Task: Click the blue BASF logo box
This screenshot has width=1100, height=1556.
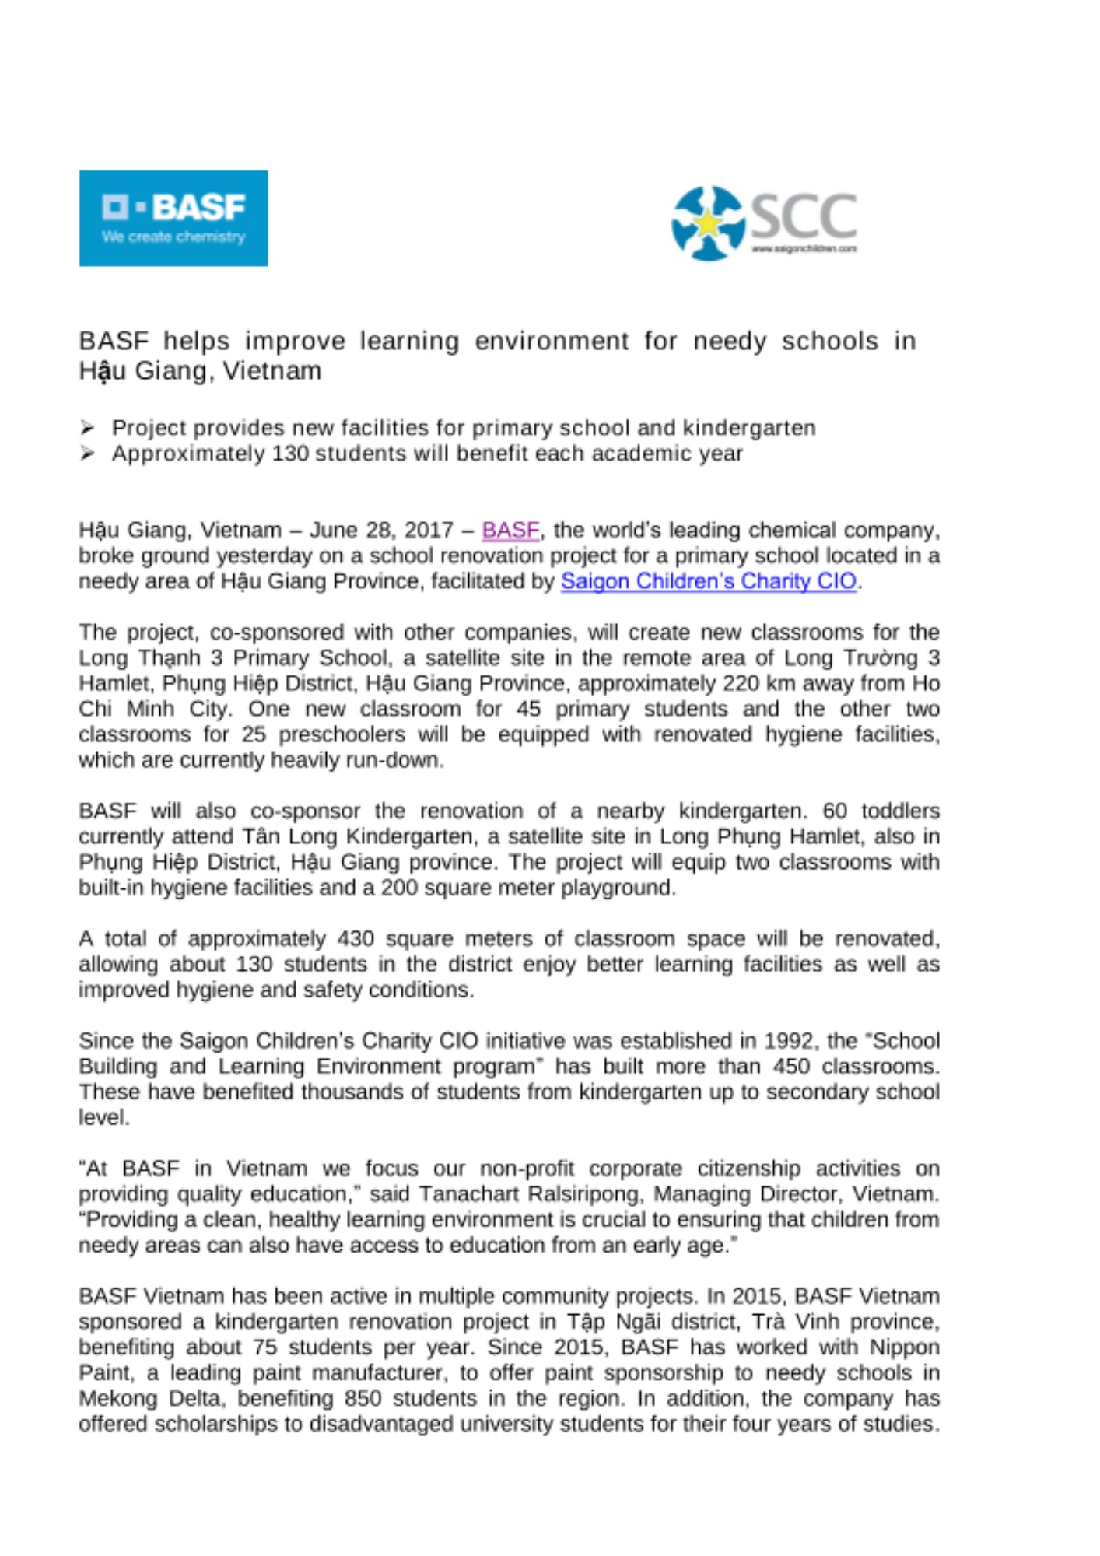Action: pyautogui.click(x=173, y=218)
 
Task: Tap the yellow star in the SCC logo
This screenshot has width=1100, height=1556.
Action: pyautogui.click(x=708, y=224)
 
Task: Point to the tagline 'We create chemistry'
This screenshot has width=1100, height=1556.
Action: pyautogui.click(x=173, y=237)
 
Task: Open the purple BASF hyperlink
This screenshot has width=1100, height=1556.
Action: pyautogui.click(x=510, y=531)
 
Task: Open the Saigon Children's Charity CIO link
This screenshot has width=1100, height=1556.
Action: pyautogui.click(x=708, y=581)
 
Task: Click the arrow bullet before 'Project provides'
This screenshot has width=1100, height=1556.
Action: pyautogui.click(x=87, y=428)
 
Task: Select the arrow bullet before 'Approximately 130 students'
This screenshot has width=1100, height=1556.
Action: pyautogui.click(x=87, y=454)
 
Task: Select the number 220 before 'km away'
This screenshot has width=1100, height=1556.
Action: pyautogui.click(x=739, y=684)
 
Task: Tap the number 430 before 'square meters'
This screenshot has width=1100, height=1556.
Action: pyautogui.click(x=356, y=939)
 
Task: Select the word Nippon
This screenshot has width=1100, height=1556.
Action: pyautogui.click(x=905, y=1347)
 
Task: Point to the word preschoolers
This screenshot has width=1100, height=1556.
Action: pyautogui.click(x=342, y=734)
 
